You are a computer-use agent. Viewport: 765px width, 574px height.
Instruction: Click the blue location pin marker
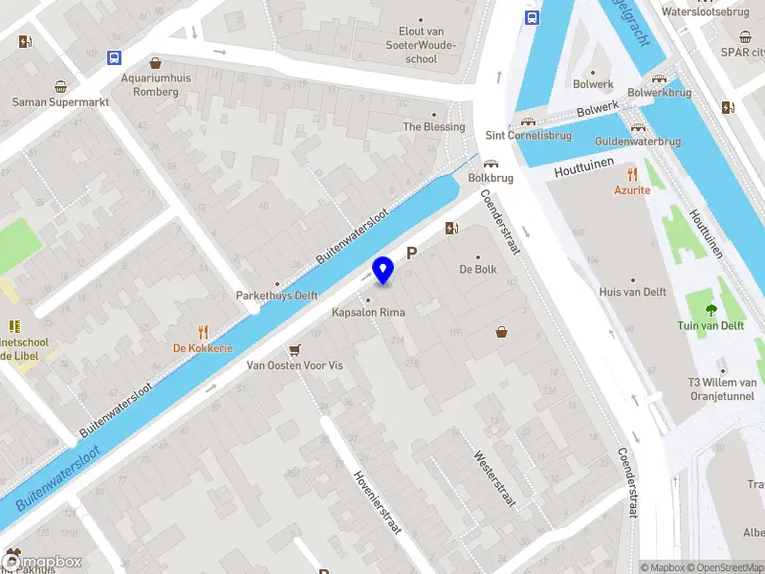coord(383,271)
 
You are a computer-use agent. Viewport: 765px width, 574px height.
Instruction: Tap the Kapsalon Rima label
coord(368,313)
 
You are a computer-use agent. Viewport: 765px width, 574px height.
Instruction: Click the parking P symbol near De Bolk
coord(413,254)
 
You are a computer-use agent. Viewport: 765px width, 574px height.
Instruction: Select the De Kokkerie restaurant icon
coord(203,332)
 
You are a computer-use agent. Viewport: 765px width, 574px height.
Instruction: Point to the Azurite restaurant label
coord(631,190)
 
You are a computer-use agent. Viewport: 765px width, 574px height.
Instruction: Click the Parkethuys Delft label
coord(277,296)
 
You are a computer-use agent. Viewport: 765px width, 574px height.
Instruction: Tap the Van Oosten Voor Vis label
coord(295,365)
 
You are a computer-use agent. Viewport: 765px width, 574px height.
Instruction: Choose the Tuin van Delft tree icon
coord(710,309)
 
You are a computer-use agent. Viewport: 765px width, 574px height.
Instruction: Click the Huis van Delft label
coord(632,292)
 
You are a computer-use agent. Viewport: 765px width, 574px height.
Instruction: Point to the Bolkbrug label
coord(491,178)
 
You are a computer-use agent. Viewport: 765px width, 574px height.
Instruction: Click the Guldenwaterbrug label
coord(638,142)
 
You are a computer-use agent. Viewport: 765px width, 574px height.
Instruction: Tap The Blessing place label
coord(434,126)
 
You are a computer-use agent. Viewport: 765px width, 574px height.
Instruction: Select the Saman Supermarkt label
coord(61,101)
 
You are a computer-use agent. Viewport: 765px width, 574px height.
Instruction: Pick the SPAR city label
coord(742,52)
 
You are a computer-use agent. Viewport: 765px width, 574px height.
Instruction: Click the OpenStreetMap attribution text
coord(727,567)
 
